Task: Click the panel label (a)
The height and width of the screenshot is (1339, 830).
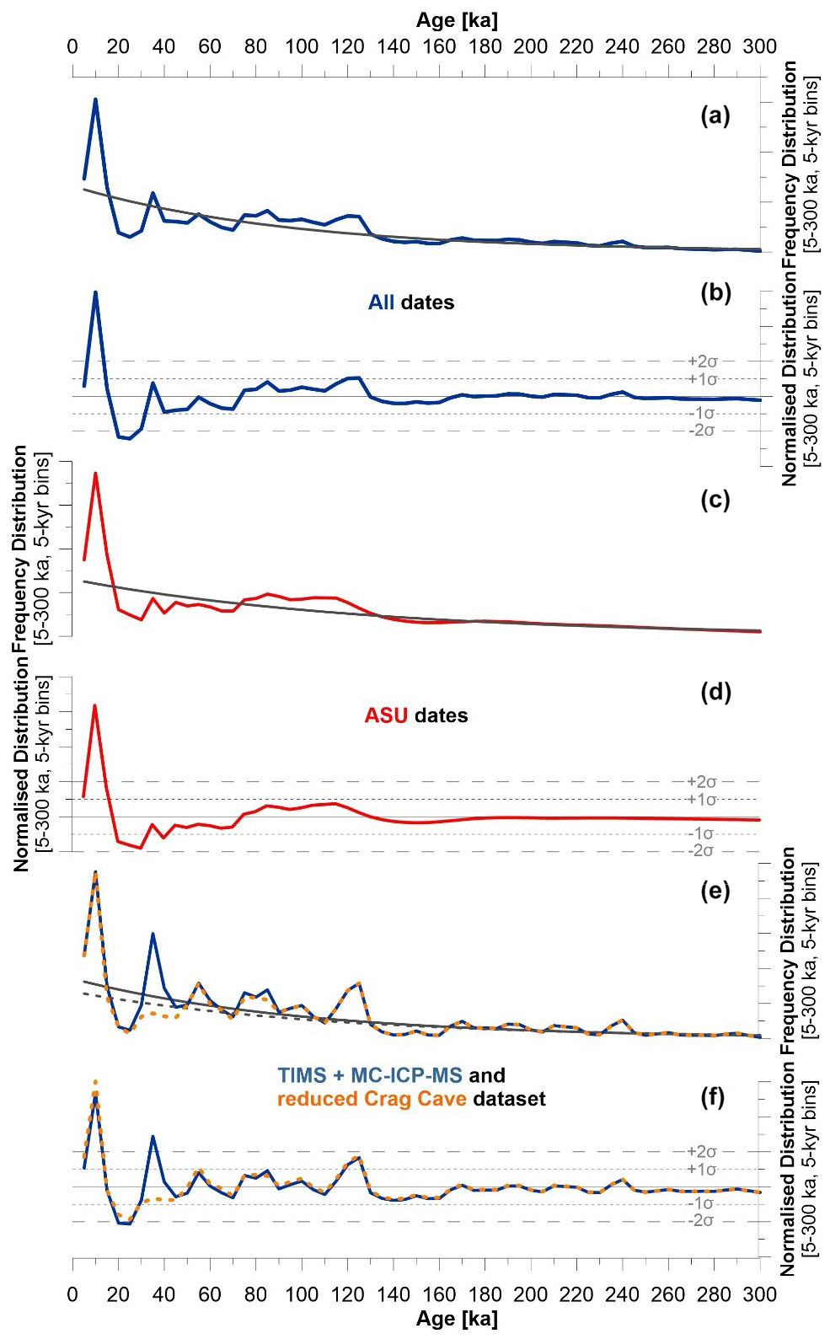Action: (715, 117)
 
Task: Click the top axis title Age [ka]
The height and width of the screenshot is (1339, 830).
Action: (457, 19)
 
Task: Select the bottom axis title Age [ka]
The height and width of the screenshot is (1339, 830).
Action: (457, 1319)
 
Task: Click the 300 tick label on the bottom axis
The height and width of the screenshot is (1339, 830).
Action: (760, 1295)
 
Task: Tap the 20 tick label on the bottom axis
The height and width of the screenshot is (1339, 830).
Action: (118, 1295)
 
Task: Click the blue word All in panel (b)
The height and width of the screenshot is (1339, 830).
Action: (381, 303)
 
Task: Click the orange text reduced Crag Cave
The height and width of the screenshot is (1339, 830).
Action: (372, 1099)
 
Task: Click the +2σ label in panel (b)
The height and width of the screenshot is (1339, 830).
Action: (701, 362)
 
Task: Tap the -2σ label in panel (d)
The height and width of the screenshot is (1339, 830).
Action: (701, 851)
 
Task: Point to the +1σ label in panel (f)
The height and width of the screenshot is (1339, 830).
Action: (701, 1169)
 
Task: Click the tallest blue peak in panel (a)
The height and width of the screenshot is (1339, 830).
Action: (95, 99)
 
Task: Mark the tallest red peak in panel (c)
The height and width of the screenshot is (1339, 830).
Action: (95, 473)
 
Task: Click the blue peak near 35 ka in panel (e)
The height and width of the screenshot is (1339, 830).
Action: (153, 934)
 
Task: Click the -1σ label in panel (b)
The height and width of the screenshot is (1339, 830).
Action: (701, 413)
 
